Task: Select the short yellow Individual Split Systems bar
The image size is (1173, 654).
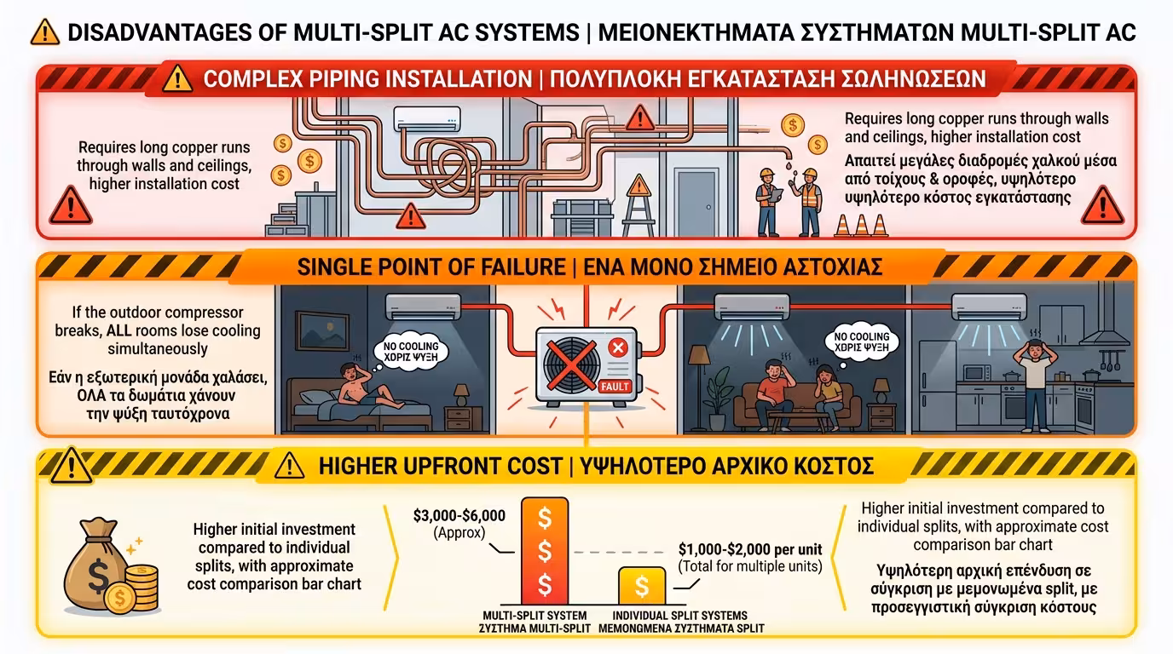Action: click(x=642, y=586)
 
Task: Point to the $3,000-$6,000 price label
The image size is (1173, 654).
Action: click(x=459, y=516)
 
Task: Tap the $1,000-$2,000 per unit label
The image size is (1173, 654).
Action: click(x=748, y=549)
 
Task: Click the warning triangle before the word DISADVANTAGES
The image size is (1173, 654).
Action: click(x=43, y=32)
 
